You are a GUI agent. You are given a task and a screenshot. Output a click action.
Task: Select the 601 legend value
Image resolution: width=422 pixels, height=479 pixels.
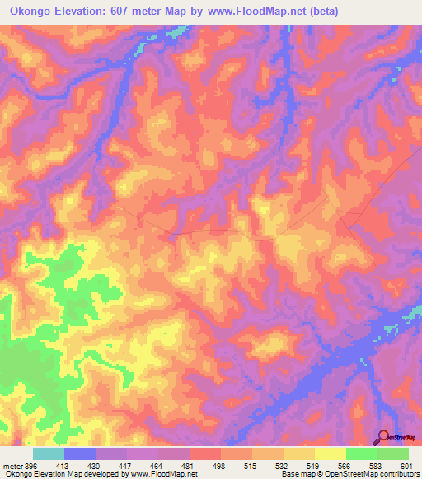click(x=406, y=465)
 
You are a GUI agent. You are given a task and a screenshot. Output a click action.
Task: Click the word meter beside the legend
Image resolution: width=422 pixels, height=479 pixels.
click(x=12, y=465)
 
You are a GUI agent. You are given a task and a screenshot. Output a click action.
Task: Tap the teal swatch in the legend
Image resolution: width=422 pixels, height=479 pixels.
click(x=49, y=453)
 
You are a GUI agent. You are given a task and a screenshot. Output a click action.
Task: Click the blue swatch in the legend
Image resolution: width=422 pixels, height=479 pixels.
click(x=80, y=453)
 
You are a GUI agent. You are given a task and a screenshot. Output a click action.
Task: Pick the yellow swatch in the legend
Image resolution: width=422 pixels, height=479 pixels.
click(x=331, y=453)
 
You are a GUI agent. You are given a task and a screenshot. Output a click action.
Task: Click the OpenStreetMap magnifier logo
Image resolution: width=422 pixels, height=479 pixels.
click(x=383, y=435)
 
